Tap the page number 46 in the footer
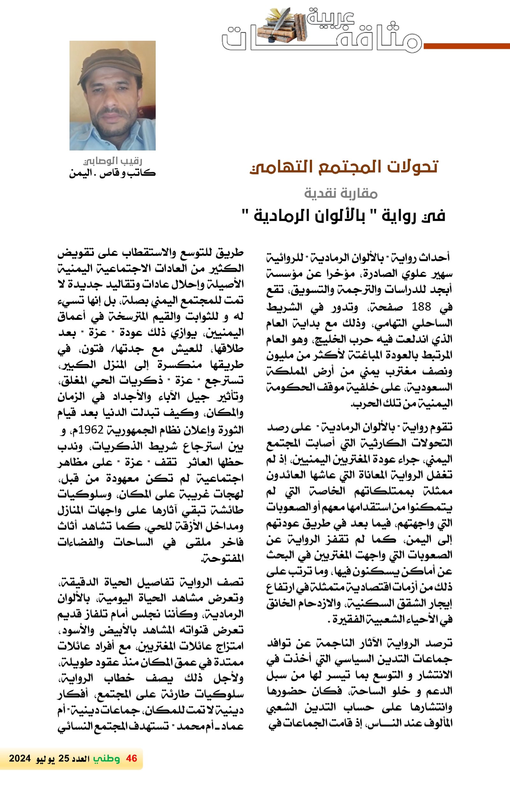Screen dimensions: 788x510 (x=131, y=758)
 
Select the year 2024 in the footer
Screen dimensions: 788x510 (x=20, y=759)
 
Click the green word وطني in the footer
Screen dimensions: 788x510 (x=106, y=758)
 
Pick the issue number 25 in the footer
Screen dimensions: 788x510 (x=63, y=759)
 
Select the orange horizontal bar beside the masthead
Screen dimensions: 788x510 (x=467, y=46)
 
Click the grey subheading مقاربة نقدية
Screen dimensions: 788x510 (x=341, y=193)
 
